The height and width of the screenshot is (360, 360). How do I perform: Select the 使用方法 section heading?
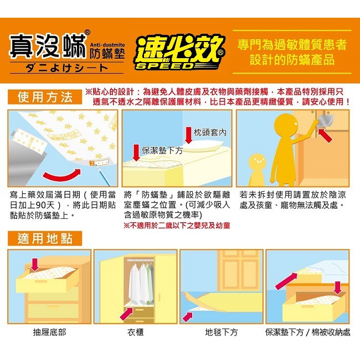[45, 97]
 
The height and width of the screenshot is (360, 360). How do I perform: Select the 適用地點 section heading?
[45, 239]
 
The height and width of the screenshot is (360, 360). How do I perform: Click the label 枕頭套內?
[210, 132]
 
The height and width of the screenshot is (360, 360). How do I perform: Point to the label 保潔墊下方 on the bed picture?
[162, 150]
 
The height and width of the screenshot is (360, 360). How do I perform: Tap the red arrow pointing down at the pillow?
[188, 135]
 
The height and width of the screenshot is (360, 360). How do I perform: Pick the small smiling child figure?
[257, 169]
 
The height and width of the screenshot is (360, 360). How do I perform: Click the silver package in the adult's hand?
[326, 121]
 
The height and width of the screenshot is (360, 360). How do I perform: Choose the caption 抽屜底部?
[49, 332]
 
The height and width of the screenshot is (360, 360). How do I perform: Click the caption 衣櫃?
[136, 332]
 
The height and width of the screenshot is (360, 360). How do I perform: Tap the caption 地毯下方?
[222, 332]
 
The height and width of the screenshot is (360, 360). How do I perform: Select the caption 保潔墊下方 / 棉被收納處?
[307, 332]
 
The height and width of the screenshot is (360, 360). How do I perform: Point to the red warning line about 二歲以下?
[177, 225]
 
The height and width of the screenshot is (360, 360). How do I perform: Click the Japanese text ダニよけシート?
[67, 68]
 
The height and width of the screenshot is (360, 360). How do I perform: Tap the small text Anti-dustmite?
[107, 45]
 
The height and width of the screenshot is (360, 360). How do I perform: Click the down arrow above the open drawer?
[35, 265]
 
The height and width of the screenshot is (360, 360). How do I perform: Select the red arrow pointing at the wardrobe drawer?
[126, 313]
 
